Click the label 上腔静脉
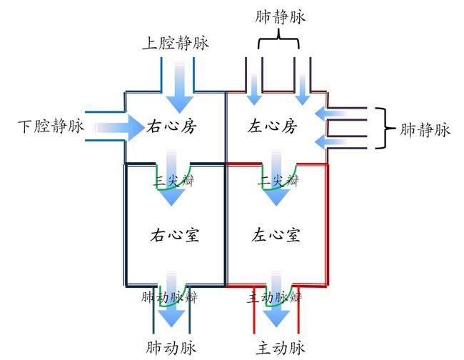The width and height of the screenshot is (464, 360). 175,44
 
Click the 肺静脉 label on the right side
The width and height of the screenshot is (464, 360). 425,129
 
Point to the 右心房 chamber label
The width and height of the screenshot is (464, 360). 171,128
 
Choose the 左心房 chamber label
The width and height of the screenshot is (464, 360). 272,128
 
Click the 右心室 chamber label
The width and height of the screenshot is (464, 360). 174,235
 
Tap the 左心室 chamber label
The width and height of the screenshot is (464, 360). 275,235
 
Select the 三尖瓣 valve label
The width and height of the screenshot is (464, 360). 173,181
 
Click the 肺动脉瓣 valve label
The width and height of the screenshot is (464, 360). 169,296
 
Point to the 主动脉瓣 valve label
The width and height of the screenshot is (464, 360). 275,296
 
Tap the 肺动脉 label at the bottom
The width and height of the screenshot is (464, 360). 171,348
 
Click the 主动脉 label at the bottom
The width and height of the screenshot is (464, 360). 281,348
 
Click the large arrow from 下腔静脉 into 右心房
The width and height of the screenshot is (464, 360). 118,128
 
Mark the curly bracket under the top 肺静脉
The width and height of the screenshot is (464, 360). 279,42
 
